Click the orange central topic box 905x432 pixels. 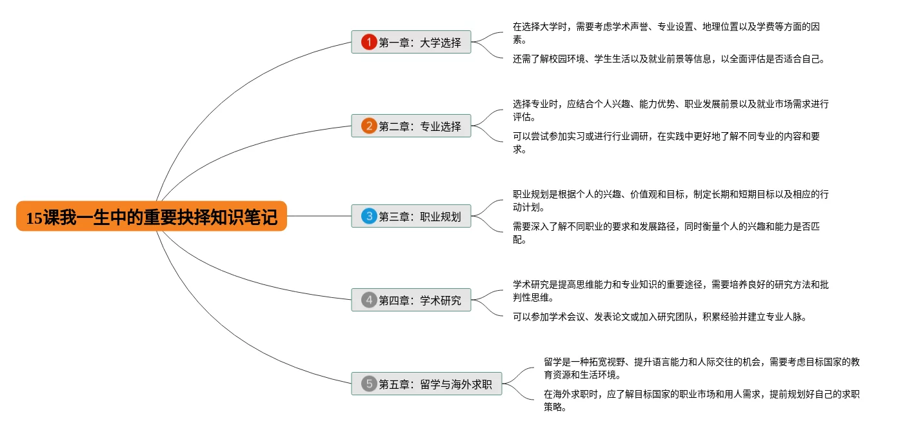click(152, 217)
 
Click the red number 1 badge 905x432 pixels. click(369, 43)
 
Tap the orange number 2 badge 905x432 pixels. click(369, 126)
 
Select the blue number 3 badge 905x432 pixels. click(369, 217)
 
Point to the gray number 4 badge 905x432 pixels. click(369, 300)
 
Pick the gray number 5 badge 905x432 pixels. click(369, 384)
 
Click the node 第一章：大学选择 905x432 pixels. click(419, 43)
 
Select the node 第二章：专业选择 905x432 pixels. click(419, 126)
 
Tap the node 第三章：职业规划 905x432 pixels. click(419, 217)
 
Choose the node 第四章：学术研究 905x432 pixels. click(419, 300)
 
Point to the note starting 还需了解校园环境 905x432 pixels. click(668, 59)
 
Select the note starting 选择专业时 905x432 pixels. click(670, 110)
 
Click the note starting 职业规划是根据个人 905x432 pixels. click(670, 201)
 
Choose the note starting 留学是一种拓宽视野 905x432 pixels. click(701, 368)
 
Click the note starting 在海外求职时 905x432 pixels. click(701, 400)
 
